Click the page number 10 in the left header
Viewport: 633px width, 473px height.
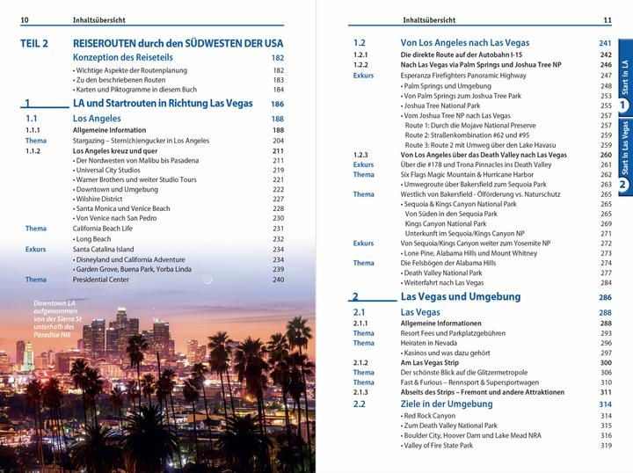click(x=25, y=20)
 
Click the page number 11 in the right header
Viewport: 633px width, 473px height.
click(x=607, y=20)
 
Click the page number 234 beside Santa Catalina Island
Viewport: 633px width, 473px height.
click(x=278, y=249)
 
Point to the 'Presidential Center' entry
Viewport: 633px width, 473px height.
click(x=106, y=280)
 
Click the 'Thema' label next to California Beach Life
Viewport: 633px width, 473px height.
click(x=36, y=229)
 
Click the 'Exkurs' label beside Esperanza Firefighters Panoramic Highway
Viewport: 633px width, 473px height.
click(x=363, y=76)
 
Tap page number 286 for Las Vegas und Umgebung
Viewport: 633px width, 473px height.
click(x=604, y=297)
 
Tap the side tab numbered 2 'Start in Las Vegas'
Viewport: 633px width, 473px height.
click(x=623, y=158)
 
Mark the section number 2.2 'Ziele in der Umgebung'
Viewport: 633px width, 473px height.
click(x=359, y=404)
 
